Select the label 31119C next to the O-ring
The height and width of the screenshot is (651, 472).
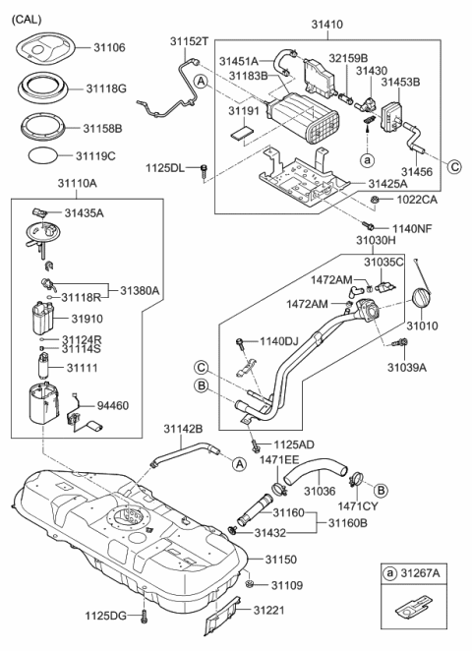tap(95, 155)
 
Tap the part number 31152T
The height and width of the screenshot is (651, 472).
tap(188, 41)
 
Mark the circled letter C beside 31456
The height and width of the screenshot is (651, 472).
tap(455, 166)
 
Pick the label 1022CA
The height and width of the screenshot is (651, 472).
tap(416, 201)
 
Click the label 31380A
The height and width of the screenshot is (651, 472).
tap(141, 290)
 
